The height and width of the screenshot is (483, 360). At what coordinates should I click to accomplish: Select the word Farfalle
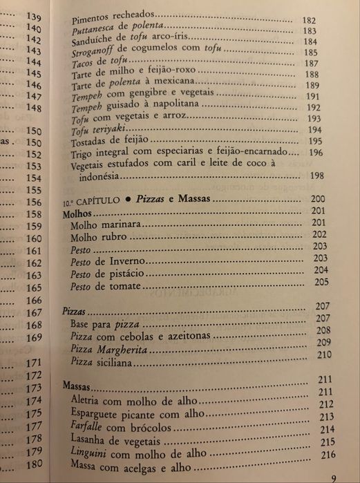[x=88, y=428]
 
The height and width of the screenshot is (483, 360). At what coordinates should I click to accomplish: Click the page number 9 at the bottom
[x=333, y=477]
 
